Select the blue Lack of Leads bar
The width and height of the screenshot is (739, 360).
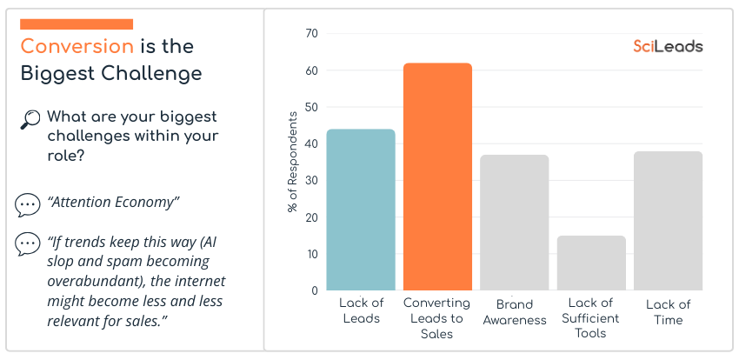(x=361, y=210)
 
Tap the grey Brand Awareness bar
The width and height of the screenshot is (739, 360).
(x=515, y=223)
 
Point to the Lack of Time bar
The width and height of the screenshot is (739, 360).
(x=668, y=221)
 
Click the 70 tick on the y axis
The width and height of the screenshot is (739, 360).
(x=312, y=34)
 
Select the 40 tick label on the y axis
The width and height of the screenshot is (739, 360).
(x=312, y=143)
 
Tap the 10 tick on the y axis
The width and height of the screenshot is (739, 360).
(x=312, y=254)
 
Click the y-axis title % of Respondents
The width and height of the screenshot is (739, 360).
(x=292, y=163)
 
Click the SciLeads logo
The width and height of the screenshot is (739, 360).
(x=668, y=46)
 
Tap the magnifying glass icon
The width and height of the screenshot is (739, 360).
(x=30, y=120)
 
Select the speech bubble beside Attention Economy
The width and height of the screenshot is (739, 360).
(x=28, y=204)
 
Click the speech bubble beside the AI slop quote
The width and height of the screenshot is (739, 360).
(x=28, y=244)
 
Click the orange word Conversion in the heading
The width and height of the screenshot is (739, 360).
(x=77, y=46)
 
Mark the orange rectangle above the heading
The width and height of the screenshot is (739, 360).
(x=76, y=24)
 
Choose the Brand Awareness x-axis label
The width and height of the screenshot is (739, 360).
(x=515, y=312)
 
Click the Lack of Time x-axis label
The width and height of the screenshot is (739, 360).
(x=668, y=312)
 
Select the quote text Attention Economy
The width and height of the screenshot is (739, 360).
(x=113, y=203)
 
